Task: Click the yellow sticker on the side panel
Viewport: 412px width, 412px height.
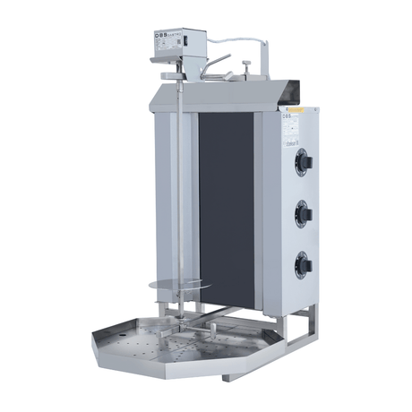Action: (302, 112)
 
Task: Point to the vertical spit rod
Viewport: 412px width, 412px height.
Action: (182, 197)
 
